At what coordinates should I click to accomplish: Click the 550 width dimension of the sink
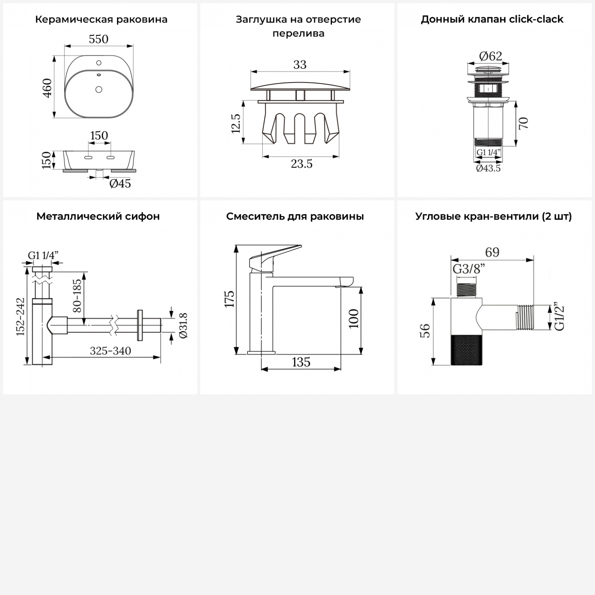point(98,39)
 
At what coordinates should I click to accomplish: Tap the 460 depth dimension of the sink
point(47,88)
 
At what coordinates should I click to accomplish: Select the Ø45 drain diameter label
point(120,183)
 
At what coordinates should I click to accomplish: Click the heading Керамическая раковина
point(101,19)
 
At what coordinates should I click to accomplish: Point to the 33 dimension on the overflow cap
point(300,65)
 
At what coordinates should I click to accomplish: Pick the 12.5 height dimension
point(236,123)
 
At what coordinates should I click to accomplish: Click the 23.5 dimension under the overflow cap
point(301,163)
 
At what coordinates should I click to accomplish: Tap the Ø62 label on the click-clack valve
point(491,56)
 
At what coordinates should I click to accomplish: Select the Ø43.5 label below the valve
point(488,168)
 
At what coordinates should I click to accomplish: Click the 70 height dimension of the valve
point(523,123)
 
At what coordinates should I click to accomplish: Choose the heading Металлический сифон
point(98,216)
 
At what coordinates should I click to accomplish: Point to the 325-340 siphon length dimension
point(110,351)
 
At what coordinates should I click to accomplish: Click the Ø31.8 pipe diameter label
point(183,325)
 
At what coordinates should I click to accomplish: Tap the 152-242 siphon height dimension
point(21,317)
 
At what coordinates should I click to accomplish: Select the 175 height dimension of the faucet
point(229,299)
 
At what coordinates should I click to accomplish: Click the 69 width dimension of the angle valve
point(492,252)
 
